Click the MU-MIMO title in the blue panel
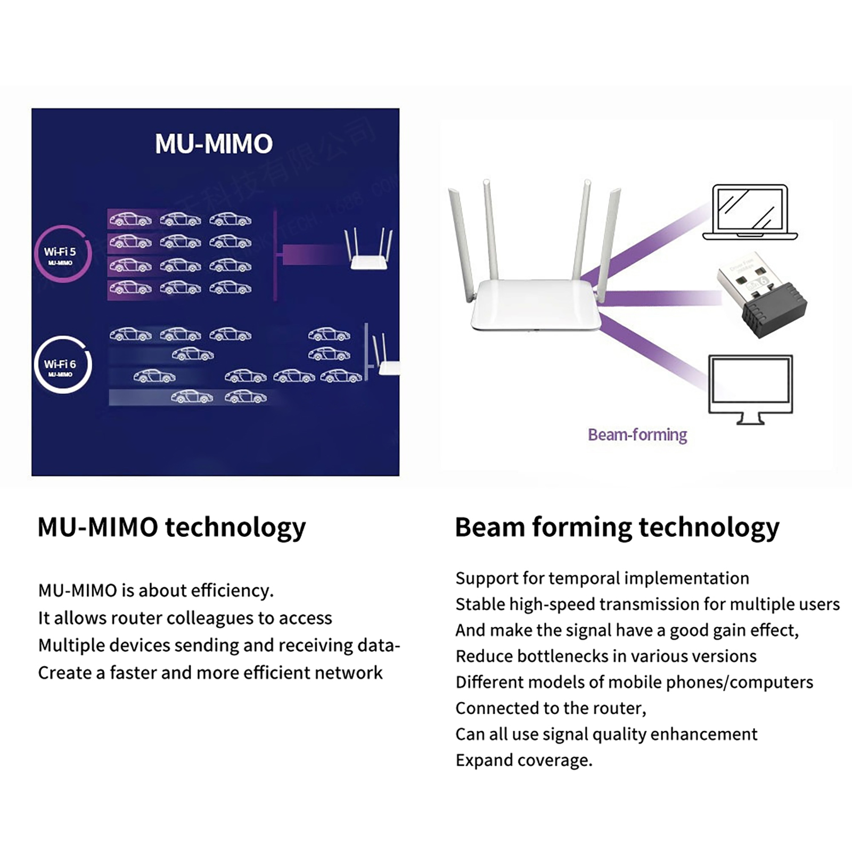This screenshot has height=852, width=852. click(214, 144)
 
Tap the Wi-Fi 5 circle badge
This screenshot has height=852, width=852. click(62, 253)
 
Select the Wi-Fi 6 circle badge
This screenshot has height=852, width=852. click(62, 365)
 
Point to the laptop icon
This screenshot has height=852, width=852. click(750, 212)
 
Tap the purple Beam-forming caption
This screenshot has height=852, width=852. click(637, 435)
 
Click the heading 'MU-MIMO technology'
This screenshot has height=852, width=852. click(171, 527)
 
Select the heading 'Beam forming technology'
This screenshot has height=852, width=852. click(617, 527)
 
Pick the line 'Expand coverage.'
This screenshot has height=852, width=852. click(523, 760)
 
